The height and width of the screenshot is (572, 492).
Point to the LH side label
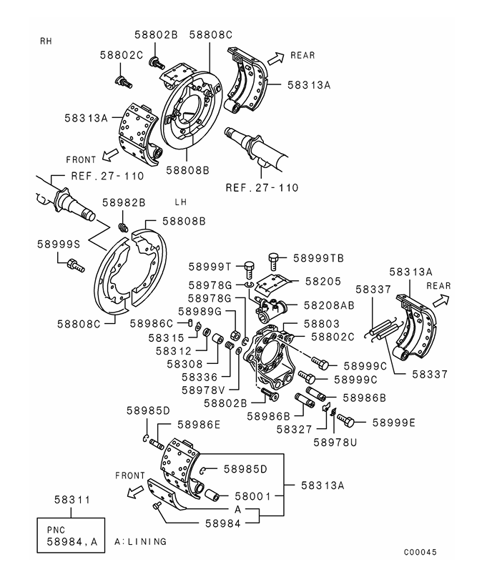181,202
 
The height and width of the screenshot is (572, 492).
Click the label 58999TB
318,257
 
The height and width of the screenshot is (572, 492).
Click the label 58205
323,282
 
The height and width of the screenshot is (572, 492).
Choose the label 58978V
203,390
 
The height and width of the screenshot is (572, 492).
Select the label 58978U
335,442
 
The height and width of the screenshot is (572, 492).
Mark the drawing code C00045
419,552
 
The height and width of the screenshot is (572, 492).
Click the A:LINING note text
140,542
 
